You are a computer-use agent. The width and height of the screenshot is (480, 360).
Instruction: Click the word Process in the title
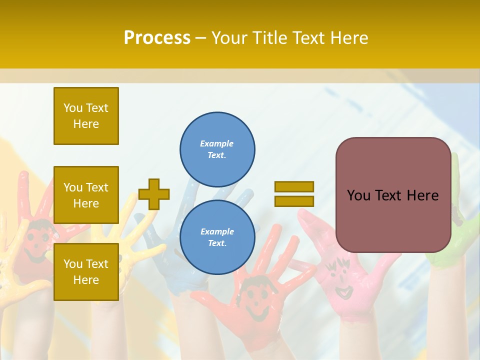coord(157,38)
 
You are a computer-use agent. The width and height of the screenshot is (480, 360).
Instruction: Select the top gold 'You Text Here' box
coord(86,116)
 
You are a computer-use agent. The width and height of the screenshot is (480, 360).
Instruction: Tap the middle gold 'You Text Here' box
coord(86,195)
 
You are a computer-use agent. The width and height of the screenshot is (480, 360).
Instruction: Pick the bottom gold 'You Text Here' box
coord(86,272)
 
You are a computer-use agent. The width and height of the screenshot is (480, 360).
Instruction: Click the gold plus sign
coord(154,194)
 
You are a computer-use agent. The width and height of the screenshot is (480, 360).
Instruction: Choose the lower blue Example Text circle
coord(217,237)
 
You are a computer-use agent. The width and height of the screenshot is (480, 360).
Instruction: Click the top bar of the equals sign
coord(294,186)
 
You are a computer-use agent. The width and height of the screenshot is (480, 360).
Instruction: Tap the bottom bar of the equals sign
coord(294,201)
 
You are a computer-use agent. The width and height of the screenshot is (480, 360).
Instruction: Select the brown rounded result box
coord(393,195)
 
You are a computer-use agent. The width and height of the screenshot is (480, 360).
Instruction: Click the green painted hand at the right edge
coord(452,240)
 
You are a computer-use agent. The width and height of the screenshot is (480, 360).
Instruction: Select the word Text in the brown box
coord(392,195)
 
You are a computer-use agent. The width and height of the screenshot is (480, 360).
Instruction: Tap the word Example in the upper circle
coord(216,143)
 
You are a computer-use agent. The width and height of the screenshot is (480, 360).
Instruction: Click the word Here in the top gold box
coord(86,124)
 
